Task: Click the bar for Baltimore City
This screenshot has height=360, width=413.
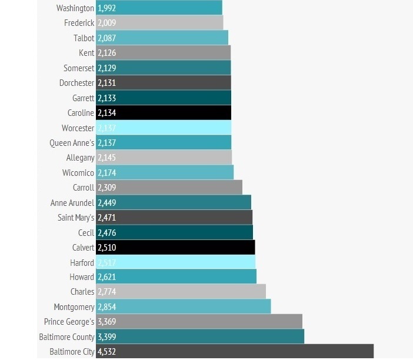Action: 235,352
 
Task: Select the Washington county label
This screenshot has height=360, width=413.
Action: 75,8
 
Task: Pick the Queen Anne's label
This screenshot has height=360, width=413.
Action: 72,143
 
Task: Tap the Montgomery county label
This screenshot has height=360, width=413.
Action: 74,307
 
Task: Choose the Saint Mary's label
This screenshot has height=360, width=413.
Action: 76,218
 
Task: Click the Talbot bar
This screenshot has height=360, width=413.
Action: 162,38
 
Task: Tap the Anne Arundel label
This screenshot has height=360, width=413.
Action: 72,202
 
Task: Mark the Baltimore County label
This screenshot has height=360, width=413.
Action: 66,337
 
